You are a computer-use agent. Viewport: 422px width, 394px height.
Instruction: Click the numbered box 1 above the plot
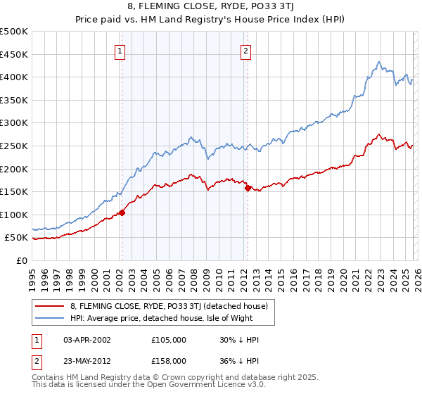click(x=120, y=51)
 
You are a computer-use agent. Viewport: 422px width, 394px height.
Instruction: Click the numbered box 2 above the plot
click(x=245, y=51)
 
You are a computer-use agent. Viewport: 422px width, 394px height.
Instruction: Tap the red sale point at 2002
click(x=122, y=212)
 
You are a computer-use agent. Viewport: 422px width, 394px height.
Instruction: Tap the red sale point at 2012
click(x=248, y=188)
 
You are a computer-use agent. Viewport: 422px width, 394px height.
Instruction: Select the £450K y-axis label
click(x=14, y=54)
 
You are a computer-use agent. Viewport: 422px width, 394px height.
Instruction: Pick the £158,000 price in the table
click(x=168, y=360)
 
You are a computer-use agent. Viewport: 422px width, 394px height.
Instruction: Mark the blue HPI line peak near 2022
click(x=378, y=62)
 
